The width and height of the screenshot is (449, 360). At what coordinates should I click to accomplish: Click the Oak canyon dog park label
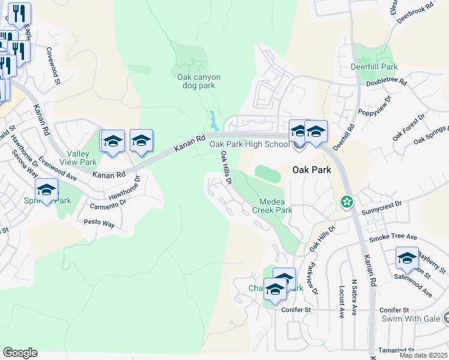tap(199, 81)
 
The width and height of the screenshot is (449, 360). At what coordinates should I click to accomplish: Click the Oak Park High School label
tap(249, 144)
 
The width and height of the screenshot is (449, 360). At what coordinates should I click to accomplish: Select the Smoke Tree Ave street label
tap(393, 238)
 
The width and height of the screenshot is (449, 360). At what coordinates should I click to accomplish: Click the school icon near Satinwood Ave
tap(407, 258)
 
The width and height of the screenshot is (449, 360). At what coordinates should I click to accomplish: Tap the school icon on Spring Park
tap(47, 190)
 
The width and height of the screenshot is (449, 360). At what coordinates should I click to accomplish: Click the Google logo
tap(20, 353)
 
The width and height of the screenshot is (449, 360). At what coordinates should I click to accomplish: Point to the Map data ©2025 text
tap(423, 355)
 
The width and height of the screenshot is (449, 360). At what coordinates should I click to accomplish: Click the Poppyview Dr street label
tap(374, 106)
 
